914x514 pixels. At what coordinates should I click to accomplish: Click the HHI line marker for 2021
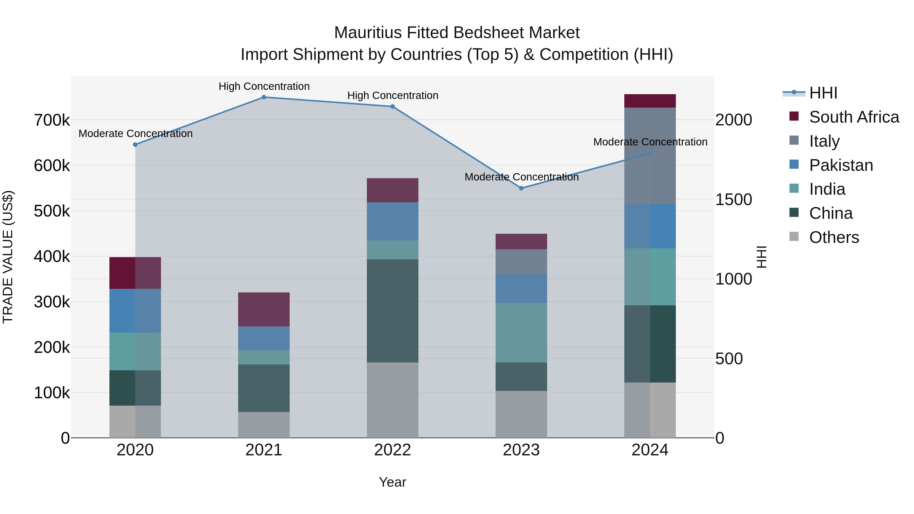pos(264,97)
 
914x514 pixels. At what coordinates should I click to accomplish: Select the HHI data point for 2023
pos(521,188)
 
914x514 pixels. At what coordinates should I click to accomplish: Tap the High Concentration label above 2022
pos(393,95)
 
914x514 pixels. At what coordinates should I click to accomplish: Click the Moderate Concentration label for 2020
pos(136,134)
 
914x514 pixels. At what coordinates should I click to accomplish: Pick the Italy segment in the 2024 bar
pos(650,156)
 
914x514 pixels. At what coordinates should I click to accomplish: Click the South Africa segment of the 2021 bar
pos(264,309)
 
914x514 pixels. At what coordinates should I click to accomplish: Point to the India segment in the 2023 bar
pos(521,333)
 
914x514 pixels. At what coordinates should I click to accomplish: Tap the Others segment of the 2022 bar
pos(393,400)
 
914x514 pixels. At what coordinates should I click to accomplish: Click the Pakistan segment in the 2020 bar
pos(135,311)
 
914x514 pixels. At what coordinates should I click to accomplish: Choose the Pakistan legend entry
pos(841,165)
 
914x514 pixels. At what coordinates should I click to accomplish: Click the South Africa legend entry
pos(854,117)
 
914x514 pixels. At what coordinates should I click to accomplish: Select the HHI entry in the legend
pos(823,93)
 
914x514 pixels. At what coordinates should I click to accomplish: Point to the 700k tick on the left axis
pos(52,120)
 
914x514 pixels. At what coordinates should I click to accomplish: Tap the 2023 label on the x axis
pos(521,450)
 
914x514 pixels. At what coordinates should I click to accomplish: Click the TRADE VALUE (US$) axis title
pos(8,257)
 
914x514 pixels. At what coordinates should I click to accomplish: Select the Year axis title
pos(393,482)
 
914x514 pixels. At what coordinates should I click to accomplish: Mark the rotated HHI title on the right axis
pos(762,257)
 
